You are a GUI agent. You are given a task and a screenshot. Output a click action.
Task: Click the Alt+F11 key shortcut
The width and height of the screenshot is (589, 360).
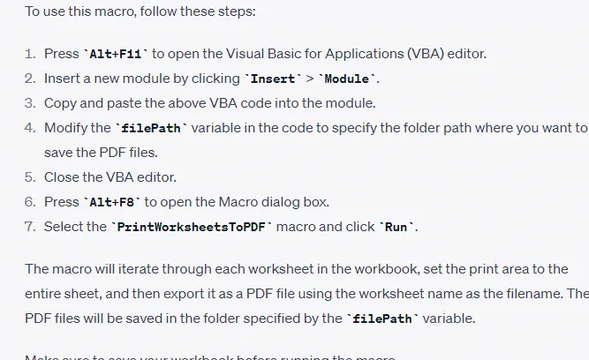coord(114,54)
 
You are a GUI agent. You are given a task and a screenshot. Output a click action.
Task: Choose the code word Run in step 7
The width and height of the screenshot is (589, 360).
coord(397,227)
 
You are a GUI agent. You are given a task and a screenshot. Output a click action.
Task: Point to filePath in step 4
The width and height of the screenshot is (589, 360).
coord(151,128)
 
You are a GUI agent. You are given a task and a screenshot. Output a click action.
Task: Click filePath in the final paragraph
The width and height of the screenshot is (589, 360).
coord(381,319)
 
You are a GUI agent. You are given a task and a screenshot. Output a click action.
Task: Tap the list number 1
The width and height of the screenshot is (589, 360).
coord(29,54)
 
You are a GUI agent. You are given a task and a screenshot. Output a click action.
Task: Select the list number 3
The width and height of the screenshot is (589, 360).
coord(29,103)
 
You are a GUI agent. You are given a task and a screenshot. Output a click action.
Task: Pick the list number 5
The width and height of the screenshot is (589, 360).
coord(29,177)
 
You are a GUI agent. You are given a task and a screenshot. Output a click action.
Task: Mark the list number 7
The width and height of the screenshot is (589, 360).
coord(29,227)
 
